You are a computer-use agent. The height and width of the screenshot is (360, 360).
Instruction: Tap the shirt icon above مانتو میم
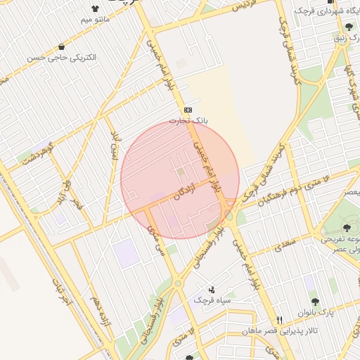[x=95, y=8]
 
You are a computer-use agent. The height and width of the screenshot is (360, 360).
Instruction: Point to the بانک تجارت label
[x=188, y=120]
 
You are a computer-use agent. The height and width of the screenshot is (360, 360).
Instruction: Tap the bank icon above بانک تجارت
[x=188, y=110]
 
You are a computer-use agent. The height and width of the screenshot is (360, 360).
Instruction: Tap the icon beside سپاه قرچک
[x=212, y=290]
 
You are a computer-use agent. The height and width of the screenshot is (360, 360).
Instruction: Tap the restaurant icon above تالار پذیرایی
[x=280, y=319]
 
